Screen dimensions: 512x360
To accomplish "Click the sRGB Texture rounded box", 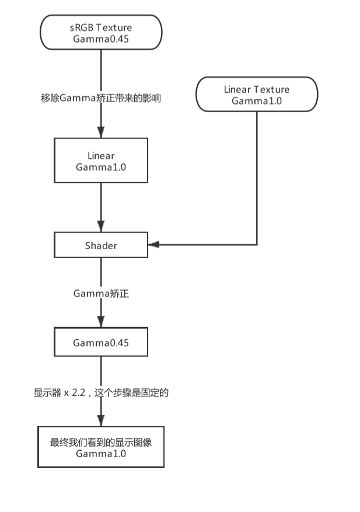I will [101, 32].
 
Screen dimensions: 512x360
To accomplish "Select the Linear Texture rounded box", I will [257, 94].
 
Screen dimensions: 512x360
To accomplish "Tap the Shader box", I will [101, 245].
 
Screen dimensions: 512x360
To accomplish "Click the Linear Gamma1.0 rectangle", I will [101, 161].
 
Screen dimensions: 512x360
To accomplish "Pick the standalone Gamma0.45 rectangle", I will [101, 342].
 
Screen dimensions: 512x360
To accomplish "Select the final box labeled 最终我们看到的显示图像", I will [101, 448].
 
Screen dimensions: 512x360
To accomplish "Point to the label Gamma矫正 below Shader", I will [101, 294].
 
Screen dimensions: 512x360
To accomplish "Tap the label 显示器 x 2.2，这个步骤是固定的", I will [101, 393].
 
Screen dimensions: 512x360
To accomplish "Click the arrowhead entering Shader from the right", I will [153, 245].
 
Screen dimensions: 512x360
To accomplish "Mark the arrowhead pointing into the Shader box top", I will [101, 227].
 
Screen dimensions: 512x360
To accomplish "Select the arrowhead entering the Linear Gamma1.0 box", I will [101, 133].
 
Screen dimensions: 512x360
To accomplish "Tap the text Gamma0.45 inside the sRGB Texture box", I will [101, 39].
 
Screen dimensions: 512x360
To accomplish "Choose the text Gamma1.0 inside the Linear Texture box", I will [257, 100].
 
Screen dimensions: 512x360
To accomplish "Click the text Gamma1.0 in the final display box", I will [101, 454].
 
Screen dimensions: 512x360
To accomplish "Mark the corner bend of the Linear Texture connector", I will [257, 245].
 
